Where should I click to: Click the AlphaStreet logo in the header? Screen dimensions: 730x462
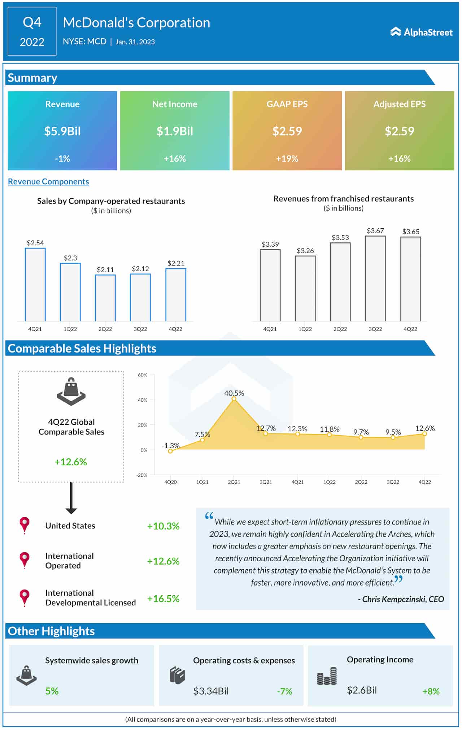(x=421, y=32)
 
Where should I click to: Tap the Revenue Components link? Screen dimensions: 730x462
(x=48, y=182)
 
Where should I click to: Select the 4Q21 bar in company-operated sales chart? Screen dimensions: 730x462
(x=35, y=285)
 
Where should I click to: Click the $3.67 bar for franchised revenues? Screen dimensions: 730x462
(x=375, y=278)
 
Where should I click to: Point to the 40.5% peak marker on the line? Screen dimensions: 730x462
(x=234, y=399)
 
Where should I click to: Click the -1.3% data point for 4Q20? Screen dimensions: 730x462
(x=170, y=451)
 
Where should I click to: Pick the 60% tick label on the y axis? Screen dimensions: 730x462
(x=143, y=375)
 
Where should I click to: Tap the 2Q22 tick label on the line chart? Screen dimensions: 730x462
(x=361, y=482)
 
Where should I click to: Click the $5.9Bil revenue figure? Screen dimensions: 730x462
(x=62, y=131)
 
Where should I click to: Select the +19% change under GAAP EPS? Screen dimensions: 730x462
(x=287, y=159)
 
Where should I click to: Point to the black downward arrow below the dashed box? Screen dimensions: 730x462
(x=71, y=498)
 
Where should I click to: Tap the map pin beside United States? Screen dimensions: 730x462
(x=25, y=525)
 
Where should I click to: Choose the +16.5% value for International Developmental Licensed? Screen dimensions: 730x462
(x=163, y=599)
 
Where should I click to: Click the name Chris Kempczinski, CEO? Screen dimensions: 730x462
(x=401, y=599)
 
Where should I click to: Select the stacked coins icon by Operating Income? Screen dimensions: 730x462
(x=327, y=676)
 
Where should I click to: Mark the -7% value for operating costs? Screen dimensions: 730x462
(x=284, y=691)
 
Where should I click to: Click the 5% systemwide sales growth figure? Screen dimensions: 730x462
(x=52, y=691)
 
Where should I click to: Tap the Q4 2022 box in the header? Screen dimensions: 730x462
(x=32, y=31)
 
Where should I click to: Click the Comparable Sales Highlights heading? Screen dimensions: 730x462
(x=82, y=349)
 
